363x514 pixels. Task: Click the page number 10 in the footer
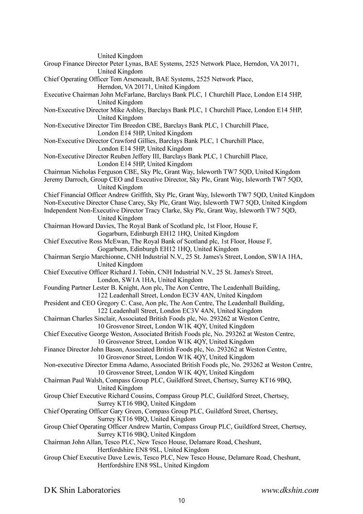tap(181, 501)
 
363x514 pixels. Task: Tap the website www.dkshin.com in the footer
tap(290, 490)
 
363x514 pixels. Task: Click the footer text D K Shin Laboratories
tap(82, 490)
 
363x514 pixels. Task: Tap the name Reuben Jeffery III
tap(136, 156)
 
